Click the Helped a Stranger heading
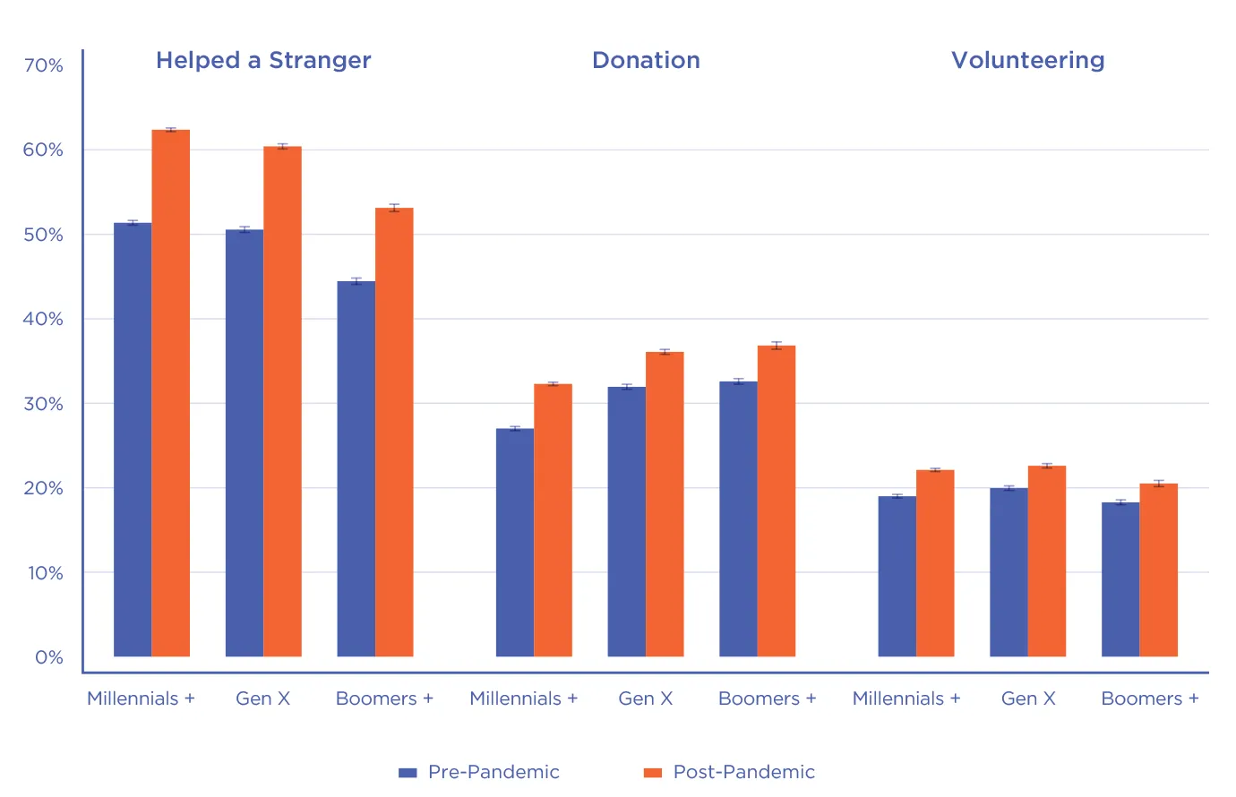coord(263,60)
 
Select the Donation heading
coord(646,60)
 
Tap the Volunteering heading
coord(1027,60)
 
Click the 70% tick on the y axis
coord(43,65)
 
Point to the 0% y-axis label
coord(49,657)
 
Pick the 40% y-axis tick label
coord(43,319)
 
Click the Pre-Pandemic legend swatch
coord(408,773)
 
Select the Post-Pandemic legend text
coord(743,772)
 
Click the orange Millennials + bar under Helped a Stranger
coord(170,394)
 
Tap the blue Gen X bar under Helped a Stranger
coord(245,443)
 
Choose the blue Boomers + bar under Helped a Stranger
coord(356,469)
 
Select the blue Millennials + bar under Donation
coord(515,543)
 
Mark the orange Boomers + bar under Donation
coord(777,501)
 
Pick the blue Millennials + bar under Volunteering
coord(897,577)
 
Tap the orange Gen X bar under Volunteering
coord(1047,561)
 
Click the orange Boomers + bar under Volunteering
coord(1158,570)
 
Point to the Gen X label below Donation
coord(645,698)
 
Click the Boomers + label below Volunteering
coord(1149,698)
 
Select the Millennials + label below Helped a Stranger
coord(141,698)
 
